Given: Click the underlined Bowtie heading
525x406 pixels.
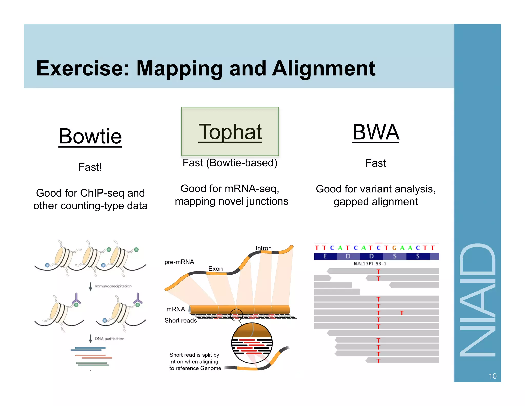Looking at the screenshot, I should [x=90, y=136].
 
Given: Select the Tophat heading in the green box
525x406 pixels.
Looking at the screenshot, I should [x=230, y=132].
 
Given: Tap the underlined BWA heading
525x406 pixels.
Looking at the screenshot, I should [x=376, y=132].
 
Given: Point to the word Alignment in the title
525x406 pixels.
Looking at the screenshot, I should [x=324, y=69].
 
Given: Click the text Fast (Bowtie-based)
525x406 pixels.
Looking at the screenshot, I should [x=230, y=163].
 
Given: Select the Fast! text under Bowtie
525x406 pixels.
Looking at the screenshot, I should [x=90, y=167].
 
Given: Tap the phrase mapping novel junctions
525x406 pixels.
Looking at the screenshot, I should [x=231, y=201].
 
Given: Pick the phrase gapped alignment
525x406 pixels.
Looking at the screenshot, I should [x=376, y=202].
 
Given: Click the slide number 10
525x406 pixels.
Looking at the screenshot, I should [x=492, y=376].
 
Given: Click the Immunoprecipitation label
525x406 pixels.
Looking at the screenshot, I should [x=113, y=286].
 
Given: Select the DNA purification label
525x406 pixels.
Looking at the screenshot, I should [x=109, y=339].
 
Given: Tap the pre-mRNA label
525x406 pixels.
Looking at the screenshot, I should [x=179, y=262].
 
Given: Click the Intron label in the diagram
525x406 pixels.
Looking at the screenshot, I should [x=264, y=248].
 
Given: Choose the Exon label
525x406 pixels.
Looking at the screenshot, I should [x=215, y=269].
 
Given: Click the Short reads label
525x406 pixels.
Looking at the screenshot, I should [x=180, y=320].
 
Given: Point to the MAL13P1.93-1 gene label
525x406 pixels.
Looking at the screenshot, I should [x=370, y=264].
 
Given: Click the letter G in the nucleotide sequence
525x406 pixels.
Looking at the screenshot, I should [x=395, y=248].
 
